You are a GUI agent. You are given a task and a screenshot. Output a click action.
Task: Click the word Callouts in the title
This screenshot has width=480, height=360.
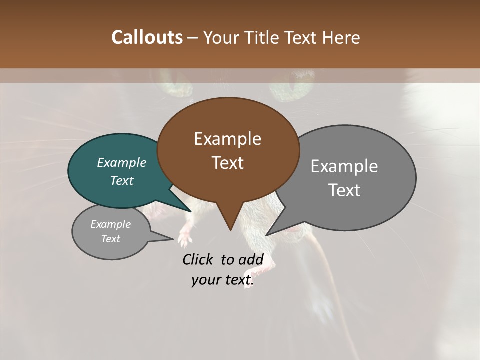pos(147,37)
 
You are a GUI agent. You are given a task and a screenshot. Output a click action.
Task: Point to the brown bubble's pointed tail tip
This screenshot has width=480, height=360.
pos(230,230)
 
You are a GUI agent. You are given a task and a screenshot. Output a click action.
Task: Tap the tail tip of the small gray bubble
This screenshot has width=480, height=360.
pos(173,239)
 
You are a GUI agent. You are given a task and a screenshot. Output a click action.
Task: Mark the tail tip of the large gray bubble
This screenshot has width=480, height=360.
pos(266,235)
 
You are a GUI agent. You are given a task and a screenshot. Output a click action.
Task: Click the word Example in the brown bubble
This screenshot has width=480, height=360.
pos(227,139)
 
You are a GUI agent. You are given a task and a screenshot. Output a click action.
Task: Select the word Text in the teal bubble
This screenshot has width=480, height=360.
pos(122,181)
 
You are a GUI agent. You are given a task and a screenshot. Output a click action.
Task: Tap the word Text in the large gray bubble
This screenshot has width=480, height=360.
pos(344,190)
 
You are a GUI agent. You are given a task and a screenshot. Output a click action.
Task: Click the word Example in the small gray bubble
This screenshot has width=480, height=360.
pos(110,224)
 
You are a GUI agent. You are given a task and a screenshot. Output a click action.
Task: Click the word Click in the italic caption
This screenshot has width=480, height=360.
pos(199,259)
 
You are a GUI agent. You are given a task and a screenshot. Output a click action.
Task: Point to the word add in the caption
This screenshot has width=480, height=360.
pos(251,259)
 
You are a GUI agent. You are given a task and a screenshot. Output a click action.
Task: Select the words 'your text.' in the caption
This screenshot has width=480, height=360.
pos(223,280)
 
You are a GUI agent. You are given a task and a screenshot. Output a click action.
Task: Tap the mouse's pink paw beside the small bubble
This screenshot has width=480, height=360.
pos(185,238)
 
